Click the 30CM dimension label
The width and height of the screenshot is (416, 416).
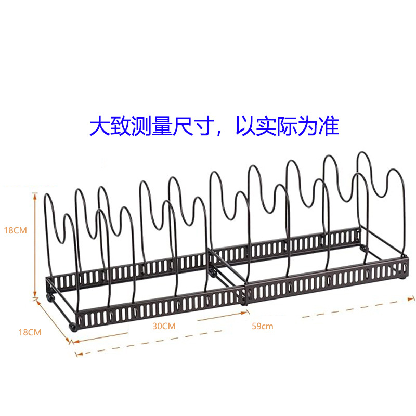click(164, 326)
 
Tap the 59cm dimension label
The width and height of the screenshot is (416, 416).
click(262, 326)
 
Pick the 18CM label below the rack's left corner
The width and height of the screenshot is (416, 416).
click(30, 332)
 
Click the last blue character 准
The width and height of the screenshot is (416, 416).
click(329, 126)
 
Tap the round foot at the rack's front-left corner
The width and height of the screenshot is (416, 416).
click(73, 328)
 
